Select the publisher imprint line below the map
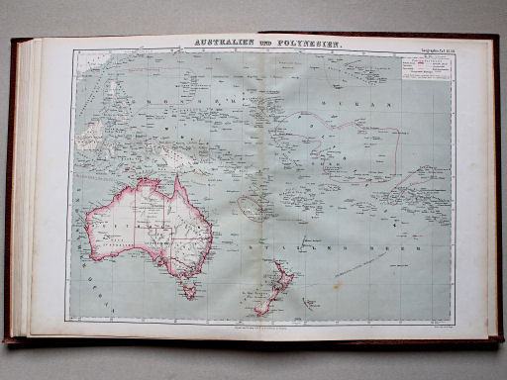click(x=252, y=323)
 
